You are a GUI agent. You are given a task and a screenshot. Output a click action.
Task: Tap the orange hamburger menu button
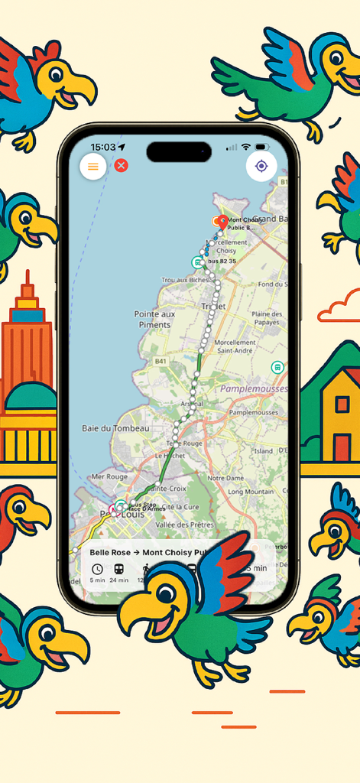pos(93,166)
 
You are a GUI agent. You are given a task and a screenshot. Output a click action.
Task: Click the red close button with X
pos(121,165)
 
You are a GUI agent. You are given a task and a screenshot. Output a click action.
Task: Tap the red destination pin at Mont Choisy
pos(222,222)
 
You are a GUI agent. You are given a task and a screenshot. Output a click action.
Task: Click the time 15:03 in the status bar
pos(103,147)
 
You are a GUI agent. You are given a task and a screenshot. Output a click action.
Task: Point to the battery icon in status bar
pos(262,147)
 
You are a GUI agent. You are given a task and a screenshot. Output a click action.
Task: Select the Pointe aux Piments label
pos(154,319)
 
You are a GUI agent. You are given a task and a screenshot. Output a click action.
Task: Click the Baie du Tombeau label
pos(115,428)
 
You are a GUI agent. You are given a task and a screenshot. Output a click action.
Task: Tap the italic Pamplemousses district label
pos(254,389)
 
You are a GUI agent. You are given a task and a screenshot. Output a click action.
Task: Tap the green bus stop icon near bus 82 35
pos(197,262)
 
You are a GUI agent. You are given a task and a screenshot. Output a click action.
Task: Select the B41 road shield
pos(161,361)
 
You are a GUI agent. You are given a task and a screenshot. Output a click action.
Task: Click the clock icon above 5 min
pos(97,569)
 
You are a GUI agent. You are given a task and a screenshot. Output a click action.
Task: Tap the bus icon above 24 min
pos(119,569)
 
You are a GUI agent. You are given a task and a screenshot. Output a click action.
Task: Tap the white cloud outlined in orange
pos(341,307)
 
